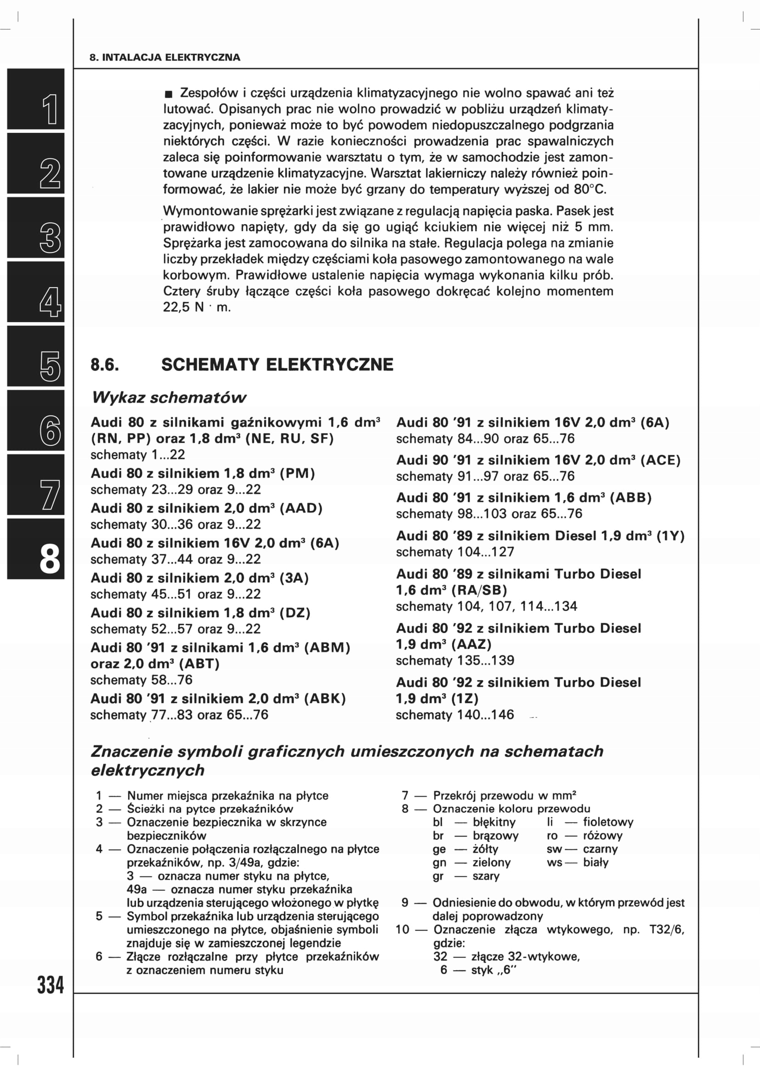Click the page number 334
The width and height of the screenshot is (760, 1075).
50,984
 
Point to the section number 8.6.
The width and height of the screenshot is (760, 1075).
105,365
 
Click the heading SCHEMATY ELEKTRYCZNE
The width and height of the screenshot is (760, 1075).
277,365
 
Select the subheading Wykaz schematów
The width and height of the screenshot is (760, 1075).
169,398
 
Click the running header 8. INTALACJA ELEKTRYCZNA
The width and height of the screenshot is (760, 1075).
165,57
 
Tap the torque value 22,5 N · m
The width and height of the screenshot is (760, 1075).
197,307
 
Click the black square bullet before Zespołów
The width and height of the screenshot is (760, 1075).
169,94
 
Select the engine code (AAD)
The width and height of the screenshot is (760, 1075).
301,508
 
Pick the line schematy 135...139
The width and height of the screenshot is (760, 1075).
455,660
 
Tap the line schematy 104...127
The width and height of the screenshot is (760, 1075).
455,552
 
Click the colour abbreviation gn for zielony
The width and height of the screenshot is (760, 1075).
439,862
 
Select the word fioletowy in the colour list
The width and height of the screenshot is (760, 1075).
608,822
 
